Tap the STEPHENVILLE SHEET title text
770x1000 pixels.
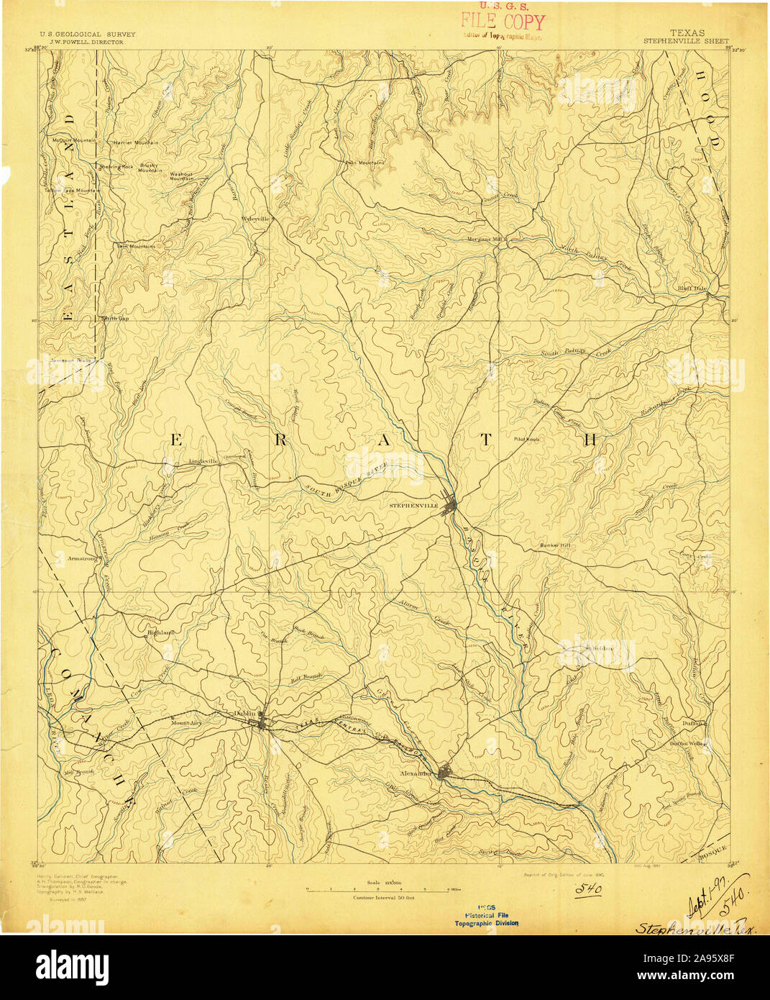tap(686, 41)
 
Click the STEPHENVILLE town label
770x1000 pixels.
tap(413, 506)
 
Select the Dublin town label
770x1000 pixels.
tap(244, 713)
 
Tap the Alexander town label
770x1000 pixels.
tap(415, 773)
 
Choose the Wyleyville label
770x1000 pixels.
tap(256, 218)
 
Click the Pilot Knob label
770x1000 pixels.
tap(526, 438)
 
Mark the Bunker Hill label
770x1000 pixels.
tap(555, 545)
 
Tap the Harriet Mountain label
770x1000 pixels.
tap(136, 142)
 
